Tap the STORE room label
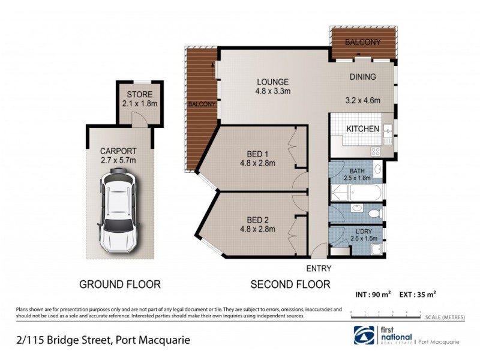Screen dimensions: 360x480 [x=139, y=95]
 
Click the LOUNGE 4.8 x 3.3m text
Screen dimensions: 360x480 [x=273, y=87]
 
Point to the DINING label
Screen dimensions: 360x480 [x=363, y=77]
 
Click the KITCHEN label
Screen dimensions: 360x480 [x=363, y=129]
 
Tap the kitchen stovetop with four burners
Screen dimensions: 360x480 [x=376, y=151]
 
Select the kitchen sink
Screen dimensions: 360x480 [x=388, y=129]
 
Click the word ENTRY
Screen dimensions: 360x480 [x=318, y=269]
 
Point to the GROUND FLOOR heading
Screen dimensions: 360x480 [x=120, y=284]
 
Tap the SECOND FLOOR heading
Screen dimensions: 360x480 [x=290, y=284]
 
